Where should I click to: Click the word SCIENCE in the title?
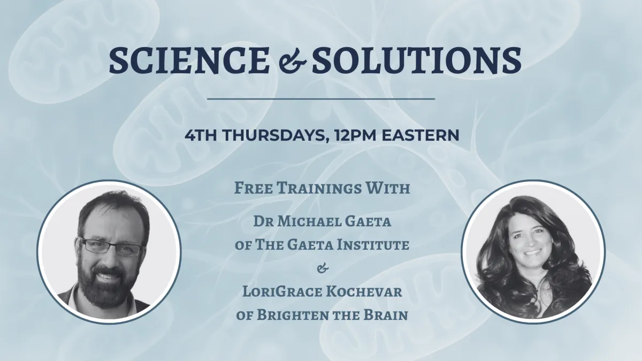189,60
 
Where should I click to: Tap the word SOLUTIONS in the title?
416,60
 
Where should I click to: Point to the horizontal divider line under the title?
320,99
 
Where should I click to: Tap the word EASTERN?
420,135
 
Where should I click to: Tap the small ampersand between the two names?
323,268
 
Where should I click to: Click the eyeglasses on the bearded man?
112,247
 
